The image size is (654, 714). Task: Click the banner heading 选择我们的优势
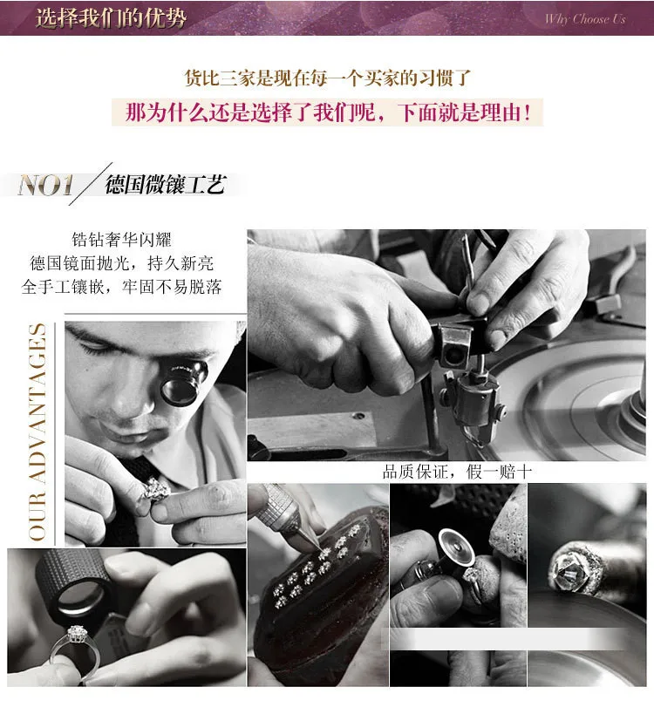point(111,17)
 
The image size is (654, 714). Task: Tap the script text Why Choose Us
point(585,19)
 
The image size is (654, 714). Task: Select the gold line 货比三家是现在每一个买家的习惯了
point(328,78)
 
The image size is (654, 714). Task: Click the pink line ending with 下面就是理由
point(328,112)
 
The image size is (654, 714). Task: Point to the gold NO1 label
point(45,186)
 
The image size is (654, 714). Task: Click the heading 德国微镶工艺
point(166,185)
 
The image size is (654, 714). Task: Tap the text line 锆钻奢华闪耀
point(121,240)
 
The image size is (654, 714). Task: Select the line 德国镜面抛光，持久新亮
point(121,263)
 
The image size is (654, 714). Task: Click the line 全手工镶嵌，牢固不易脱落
point(121,287)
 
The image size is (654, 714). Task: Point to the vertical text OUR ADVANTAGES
point(37,432)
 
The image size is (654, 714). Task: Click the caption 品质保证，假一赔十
point(457,472)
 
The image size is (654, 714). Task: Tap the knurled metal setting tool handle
point(276,506)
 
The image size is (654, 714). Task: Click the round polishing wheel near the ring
point(456,551)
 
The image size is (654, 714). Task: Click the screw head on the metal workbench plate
point(359,416)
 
